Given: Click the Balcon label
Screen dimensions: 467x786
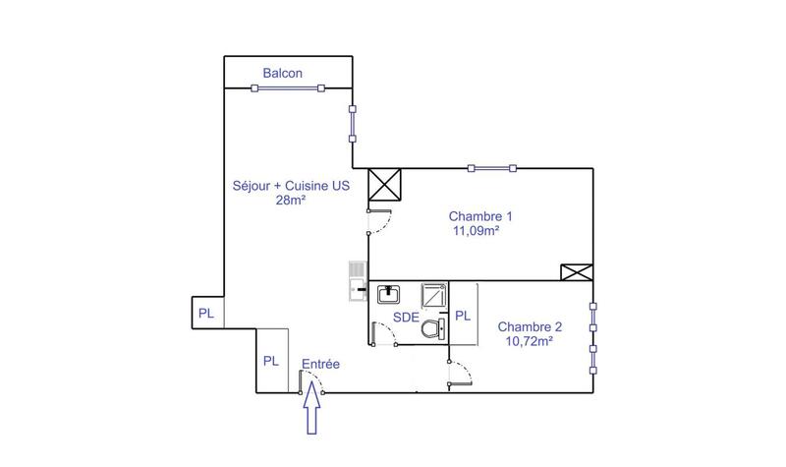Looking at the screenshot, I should click(x=282, y=74).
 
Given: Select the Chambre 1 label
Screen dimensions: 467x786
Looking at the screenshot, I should click(x=480, y=216).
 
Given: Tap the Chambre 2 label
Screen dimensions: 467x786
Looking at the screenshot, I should click(x=530, y=326).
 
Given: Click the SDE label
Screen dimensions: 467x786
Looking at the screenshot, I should click(x=406, y=317).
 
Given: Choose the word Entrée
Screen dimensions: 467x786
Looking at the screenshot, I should click(x=320, y=364).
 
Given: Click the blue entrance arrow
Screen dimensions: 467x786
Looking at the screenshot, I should click(x=312, y=409).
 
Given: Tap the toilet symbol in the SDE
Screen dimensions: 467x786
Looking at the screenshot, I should click(x=431, y=329).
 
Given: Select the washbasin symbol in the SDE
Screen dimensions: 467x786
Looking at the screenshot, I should click(x=388, y=293).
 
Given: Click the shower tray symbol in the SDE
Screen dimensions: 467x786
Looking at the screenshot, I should click(x=434, y=296).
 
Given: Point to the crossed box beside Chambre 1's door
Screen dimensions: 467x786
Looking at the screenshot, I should click(x=381, y=185).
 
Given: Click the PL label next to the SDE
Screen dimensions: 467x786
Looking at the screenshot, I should click(x=463, y=317).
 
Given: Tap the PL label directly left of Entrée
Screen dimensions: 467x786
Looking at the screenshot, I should click(x=271, y=361).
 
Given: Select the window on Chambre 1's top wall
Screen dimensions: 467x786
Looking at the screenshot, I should click(x=491, y=168).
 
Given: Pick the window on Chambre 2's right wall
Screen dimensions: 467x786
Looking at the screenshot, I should click(x=592, y=336).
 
